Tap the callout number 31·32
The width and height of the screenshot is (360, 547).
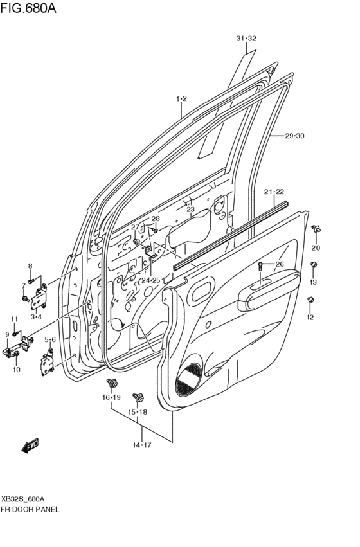point(246,39)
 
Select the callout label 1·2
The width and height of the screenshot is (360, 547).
point(181,98)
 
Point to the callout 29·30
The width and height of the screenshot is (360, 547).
point(294,136)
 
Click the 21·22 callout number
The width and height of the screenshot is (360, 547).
point(274,192)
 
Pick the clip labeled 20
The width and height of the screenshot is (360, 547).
point(316,230)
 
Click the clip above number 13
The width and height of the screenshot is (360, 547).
point(313,265)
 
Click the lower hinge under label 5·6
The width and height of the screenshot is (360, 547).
point(49,361)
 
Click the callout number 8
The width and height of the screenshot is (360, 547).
point(30,265)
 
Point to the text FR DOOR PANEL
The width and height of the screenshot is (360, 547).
point(31,509)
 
